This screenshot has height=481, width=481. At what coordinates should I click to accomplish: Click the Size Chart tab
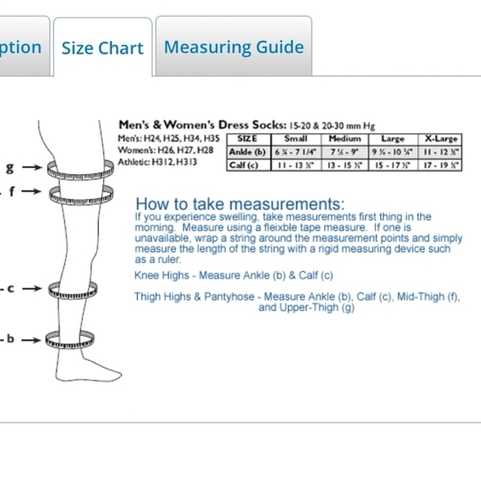coord(102,48)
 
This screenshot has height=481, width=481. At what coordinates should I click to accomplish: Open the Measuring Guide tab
coord(234,46)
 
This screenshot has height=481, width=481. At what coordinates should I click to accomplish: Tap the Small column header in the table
coord(295,138)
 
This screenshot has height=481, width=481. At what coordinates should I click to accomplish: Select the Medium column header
coord(344,138)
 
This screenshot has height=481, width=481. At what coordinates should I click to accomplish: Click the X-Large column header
coord(440,138)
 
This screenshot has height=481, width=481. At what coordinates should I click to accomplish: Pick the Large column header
coord(392,138)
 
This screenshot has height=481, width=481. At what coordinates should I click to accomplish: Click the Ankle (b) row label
coord(247,152)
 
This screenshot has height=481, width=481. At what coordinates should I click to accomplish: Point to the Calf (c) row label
coord(244,165)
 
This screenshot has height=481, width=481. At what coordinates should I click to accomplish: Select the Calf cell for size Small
coord(295,165)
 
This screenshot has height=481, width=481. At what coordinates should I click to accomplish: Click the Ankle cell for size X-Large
coord(440,152)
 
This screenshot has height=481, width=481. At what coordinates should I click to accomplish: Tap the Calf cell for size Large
coord(392,165)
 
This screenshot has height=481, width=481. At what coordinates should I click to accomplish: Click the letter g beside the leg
coord(10,168)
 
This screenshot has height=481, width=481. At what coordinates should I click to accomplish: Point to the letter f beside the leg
coord(12,192)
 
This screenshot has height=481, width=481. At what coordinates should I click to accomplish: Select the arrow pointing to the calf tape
coord(32,289)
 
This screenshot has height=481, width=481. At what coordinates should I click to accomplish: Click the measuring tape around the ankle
coord(75,339)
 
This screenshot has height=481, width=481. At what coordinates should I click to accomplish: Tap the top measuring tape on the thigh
coord(80,170)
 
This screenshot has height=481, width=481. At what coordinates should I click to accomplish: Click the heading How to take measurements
coord(240,204)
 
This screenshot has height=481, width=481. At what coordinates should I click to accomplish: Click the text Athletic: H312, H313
coord(158,163)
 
